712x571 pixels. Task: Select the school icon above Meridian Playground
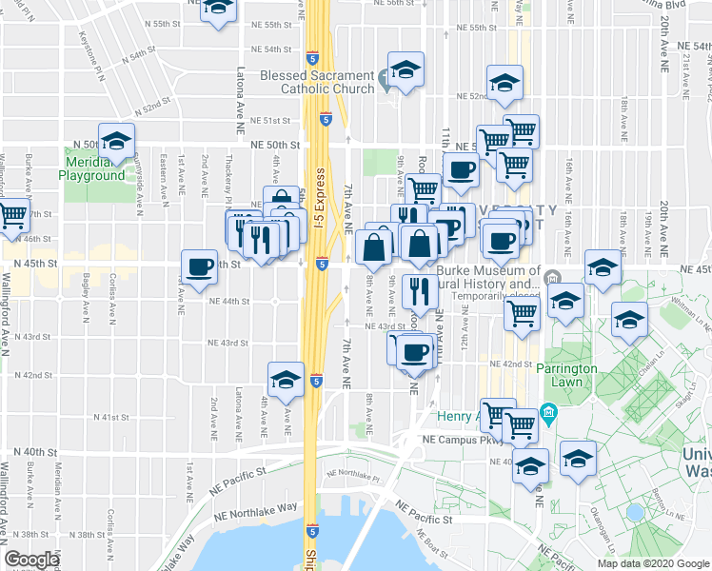[116, 142]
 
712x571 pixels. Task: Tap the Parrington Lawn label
[572, 374]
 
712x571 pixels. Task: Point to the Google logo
[31, 560]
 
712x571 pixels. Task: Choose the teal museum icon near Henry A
[548, 413]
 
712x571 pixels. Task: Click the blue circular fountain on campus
[635, 513]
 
